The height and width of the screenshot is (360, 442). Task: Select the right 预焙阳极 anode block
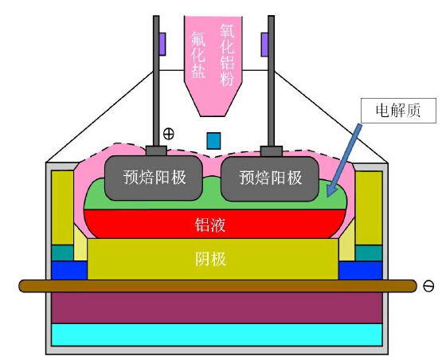click(272, 177)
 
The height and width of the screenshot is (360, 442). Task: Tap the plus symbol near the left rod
click(168, 133)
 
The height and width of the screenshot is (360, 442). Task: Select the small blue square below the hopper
click(213, 140)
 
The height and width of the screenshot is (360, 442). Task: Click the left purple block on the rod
click(162, 44)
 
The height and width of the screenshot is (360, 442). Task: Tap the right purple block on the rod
click(264, 44)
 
